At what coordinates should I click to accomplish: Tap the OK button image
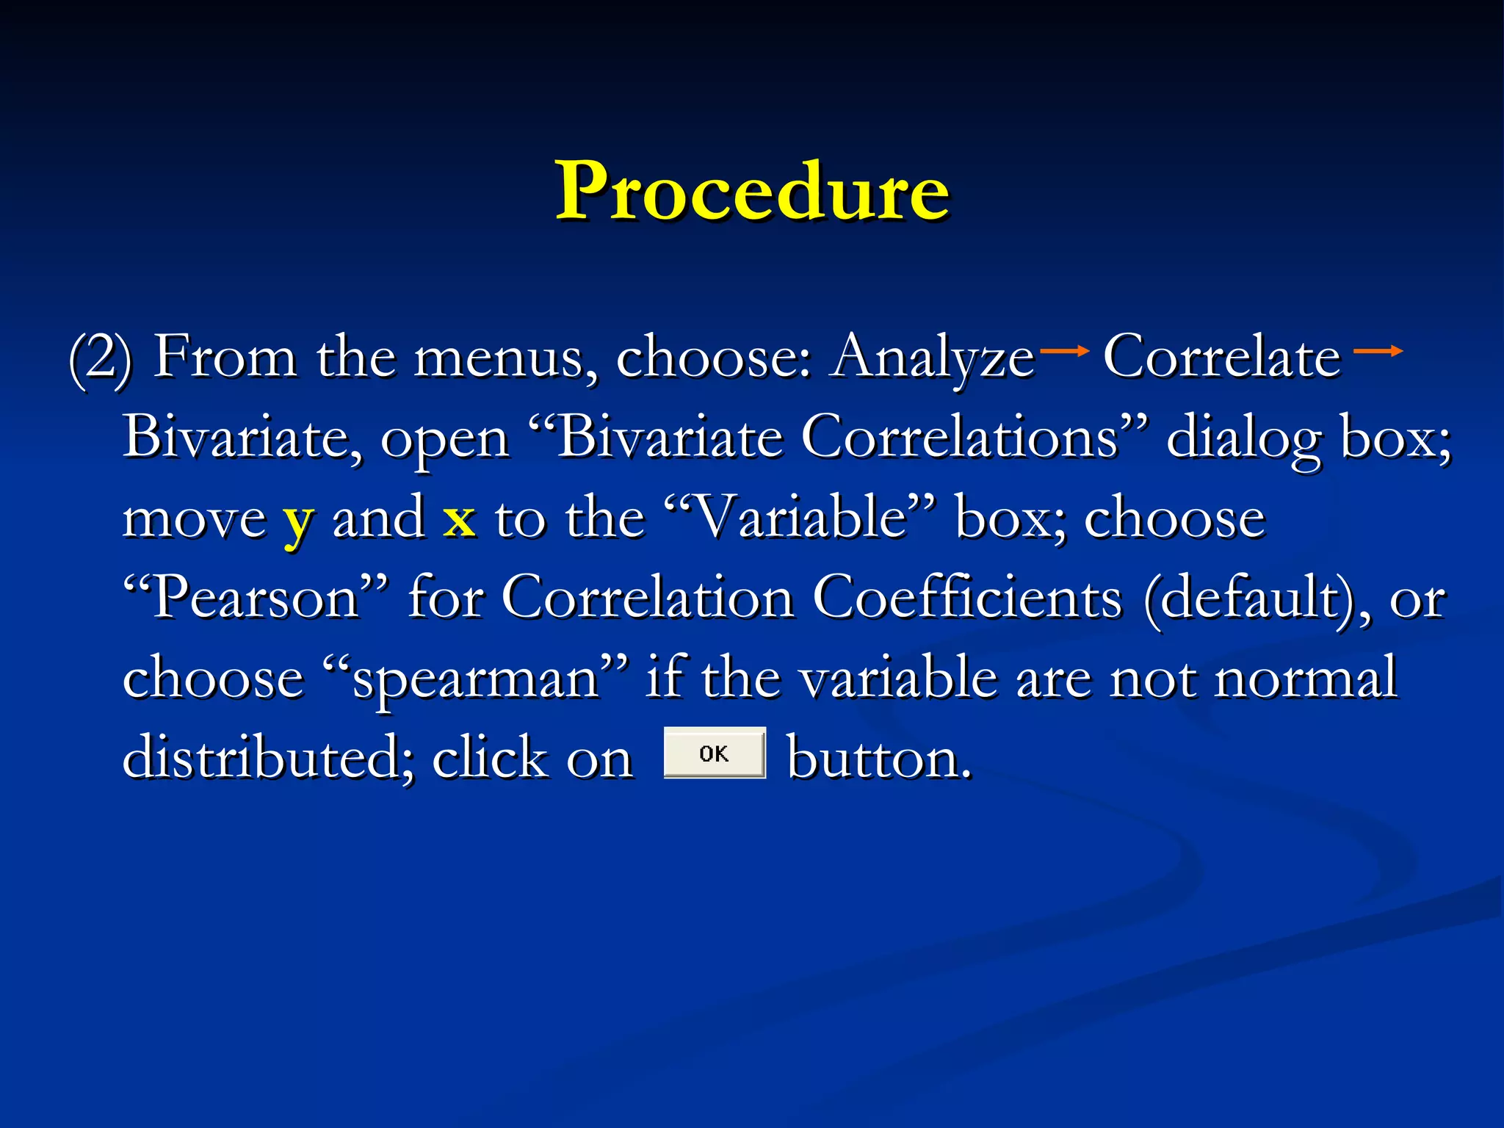[715, 753]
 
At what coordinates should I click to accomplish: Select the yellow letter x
[459, 518]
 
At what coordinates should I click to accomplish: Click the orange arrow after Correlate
[1378, 352]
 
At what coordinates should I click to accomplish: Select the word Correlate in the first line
[1222, 356]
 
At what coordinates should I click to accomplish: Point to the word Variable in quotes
[800, 517]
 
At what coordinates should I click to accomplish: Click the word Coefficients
[968, 597]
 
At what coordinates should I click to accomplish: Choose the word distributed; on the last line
[269, 757]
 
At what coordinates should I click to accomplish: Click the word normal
[1305, 678]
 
